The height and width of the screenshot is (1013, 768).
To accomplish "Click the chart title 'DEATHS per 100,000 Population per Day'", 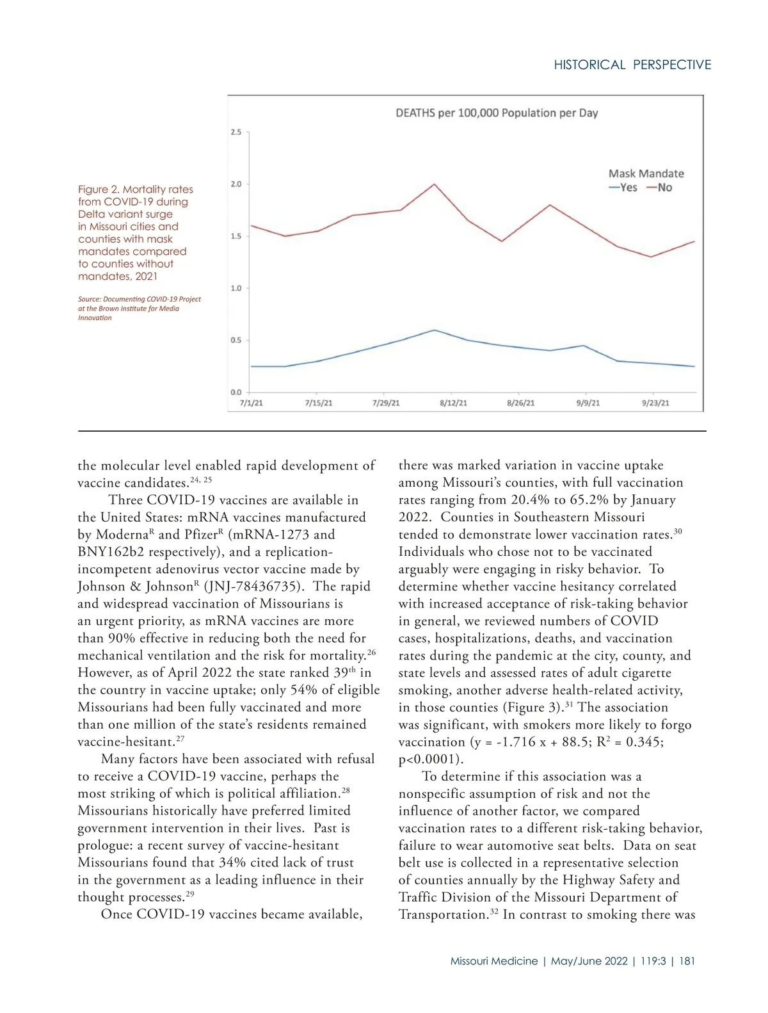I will coord(497,113).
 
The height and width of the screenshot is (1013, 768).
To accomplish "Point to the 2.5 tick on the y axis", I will coord(236,133).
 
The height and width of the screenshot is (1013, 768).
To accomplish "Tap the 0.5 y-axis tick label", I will coord(236,340).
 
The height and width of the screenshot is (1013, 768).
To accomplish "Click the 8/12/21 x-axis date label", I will coord(453,403).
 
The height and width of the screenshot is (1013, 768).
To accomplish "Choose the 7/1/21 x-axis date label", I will coord(251,403).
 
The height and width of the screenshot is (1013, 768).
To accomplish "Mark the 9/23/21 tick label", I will coord(655,403).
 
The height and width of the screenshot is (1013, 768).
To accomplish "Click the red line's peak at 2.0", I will coord(435,184).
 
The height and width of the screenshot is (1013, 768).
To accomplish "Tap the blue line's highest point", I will coord(435,330).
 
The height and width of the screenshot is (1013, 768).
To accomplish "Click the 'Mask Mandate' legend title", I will coord(646,174).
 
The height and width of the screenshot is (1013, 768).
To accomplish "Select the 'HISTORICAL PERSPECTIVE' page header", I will coord(632,65).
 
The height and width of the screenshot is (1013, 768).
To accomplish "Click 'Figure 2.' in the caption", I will coord(99,190).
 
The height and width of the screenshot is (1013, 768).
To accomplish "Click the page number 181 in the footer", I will coord(687,961).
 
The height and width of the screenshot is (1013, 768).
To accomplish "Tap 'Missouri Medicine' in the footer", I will coord(493,961).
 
